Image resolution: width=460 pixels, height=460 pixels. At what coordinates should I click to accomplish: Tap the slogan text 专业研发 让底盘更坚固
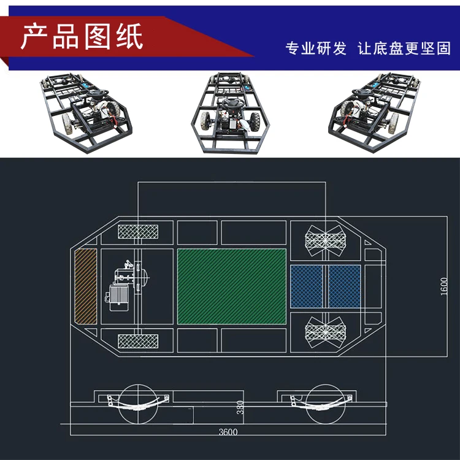click(x=367, y=48)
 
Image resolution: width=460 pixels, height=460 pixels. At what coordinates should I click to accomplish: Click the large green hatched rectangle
click(x=231, y=286)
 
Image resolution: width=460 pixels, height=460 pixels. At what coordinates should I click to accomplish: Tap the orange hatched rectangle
click(x=85, y=286)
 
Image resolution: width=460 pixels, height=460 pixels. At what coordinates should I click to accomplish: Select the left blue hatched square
click(x=307, y=286)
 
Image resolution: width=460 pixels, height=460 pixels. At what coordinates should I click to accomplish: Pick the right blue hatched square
click(x=344, y=286)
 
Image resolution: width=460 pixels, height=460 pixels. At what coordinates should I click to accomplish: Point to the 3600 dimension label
click(x=228, y=432)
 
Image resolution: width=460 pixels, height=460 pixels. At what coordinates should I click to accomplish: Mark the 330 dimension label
click(x=240, y=407)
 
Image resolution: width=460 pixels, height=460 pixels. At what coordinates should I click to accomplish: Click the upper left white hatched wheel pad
click(x=138, y=232)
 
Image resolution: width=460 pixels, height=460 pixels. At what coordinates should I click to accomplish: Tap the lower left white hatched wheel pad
click(x=138, y=340)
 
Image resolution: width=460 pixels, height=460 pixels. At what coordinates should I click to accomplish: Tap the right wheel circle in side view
click(x=326, y=405)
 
